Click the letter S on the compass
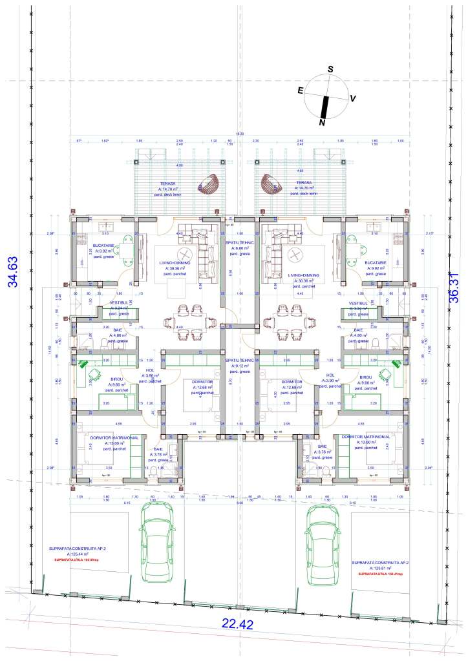330,69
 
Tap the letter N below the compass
322,122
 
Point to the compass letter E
301,91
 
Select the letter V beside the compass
353,99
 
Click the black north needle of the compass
325,105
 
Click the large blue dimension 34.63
11,271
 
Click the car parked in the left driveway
157,541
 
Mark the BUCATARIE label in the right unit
375,263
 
